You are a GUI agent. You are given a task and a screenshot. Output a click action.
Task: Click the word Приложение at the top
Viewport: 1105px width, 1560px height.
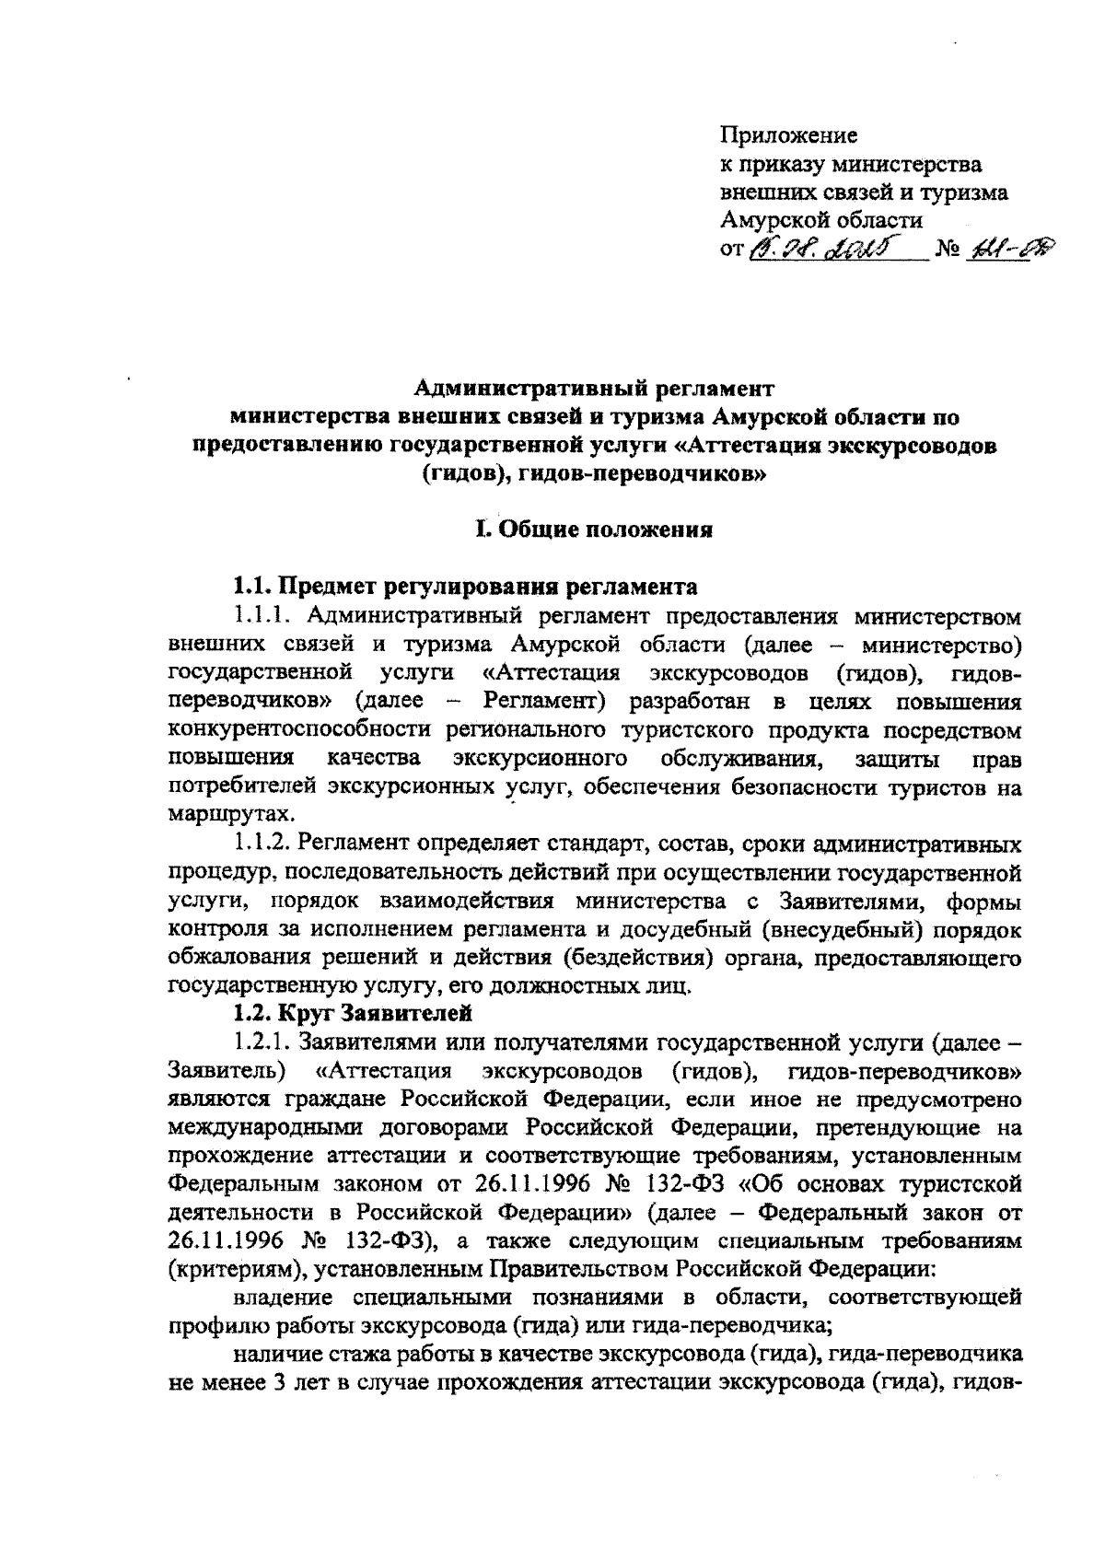pyautogui.click(x=787, y=136)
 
